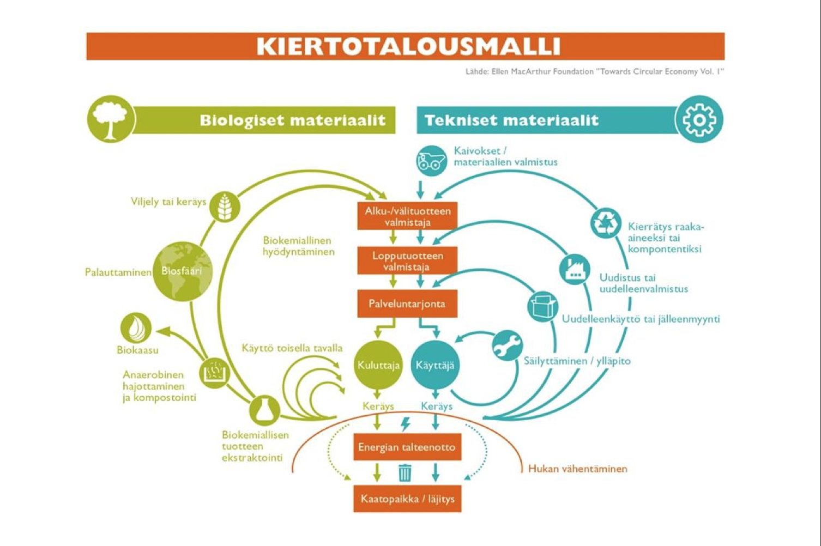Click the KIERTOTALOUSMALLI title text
click(x=408, y=46)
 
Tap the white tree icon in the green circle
click(x=111, y=119)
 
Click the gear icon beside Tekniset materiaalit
click(x=699, y=119)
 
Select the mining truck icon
click(x=432, y=161)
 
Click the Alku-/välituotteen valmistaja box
click(x=407, y=216)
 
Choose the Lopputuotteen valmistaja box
click(x=407, y=260)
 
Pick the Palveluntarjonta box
click(x=407, y=304)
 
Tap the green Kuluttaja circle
click(x=378, y=365)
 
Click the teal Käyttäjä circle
click(x=435, y=365)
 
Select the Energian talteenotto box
click(x=407, y=447)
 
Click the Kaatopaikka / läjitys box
click(x=407, y=499)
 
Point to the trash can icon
click(x=405, y=473)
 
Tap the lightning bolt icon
click(x=406, y=424)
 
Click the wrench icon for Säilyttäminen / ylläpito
click(x=507, y=346)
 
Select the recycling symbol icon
click(x=606, y=223)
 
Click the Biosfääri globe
click(x=183, y=271)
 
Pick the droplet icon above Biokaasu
click(x=136, y=327)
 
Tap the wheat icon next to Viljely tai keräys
click(x=225, y=207)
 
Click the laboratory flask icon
click(x=264, y=410)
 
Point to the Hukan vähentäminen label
click(x=578, y=469)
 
